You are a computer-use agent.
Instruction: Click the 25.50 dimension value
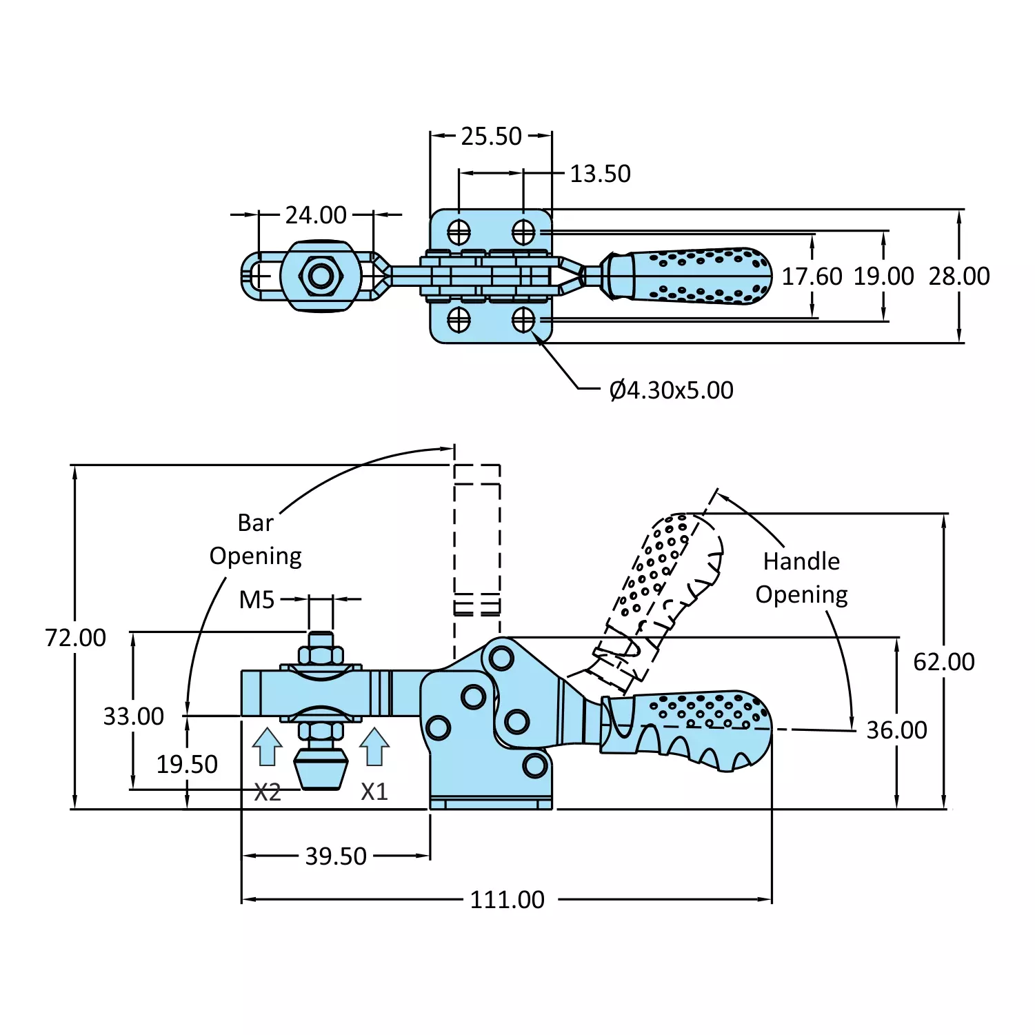click(491, 137)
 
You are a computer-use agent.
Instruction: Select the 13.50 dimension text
click(600, 174)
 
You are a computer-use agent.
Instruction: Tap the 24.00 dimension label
click(316, 215)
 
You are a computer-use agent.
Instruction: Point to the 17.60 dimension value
click(812, 277)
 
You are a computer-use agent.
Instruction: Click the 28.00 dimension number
click(958, 277)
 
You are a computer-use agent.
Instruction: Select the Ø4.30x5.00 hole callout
click(671, 390)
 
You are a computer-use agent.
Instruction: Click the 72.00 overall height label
click(75, 638)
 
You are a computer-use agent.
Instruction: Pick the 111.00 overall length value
click(507, 900)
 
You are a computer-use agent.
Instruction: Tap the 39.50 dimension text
click(336, 856)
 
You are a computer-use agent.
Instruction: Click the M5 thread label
click(257, 600)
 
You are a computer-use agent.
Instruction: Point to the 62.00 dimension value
click(943, 662)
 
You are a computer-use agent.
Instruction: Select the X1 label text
click(374, 792)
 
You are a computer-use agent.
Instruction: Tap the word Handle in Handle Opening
click(801, 561)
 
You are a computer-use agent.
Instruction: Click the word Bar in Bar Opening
click(255, 523)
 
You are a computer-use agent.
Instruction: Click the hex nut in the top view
click(321, 277)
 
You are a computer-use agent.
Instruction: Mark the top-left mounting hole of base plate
click(459, 232)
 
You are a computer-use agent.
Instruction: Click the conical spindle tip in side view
click(321, 771)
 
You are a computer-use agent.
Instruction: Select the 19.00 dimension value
click(883, 277)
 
